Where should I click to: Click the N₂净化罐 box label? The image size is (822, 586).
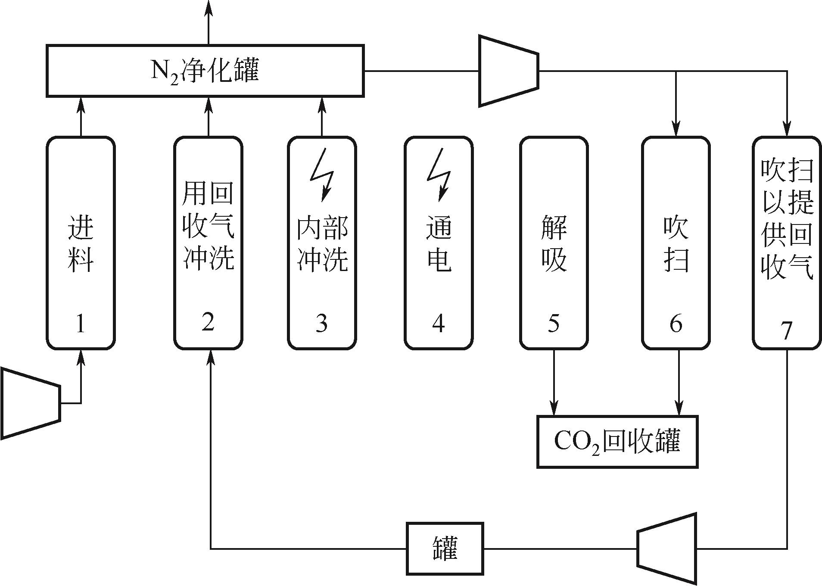pyautogui.click(x=205, y=71)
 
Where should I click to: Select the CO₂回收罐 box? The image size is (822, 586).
pyautogui.click(x=617, y=442)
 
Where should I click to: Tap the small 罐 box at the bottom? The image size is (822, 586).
pyautogui.click(x=445, y=549)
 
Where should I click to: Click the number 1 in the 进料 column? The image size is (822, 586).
pyautogui.click(x=81, y=323)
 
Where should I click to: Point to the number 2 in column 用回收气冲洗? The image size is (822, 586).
pyautogui.click(x=208, y=321)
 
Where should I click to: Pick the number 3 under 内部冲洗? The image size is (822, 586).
pyautogui.click(x=321, y=323)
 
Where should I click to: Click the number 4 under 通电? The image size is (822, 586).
pyautogui.click(x=438, y=323)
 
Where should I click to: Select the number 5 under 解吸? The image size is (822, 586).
pyautogui.click(x=554, y=323)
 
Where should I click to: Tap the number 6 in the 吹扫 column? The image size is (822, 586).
pyautogui.click(x=676, y=323)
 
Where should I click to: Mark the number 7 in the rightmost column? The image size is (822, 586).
pyautogui.click(x=787, y=330)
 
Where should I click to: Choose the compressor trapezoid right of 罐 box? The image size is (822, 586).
pyautogui.click(x=667, y=549)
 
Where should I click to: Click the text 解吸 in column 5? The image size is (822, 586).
pyautogui.click(x=554, y=243)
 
